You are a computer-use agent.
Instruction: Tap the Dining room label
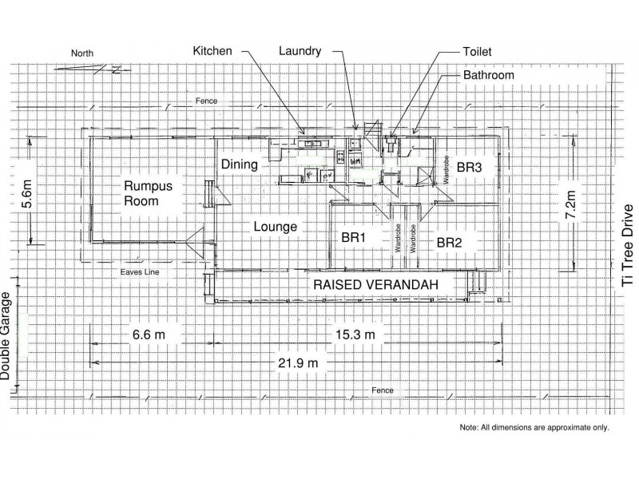click(240, 165)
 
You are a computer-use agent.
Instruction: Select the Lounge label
click(276, 227)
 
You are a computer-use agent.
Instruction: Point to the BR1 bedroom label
click(353, 238)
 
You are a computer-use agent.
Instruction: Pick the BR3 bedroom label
click(469, 168)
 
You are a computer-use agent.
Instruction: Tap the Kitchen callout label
click(213, 51)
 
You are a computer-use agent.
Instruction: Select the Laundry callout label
click(300, 51)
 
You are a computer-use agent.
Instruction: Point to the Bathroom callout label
click(489, 75)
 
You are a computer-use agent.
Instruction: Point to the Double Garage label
click(7, 335)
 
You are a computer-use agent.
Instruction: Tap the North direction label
click(81, 53)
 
